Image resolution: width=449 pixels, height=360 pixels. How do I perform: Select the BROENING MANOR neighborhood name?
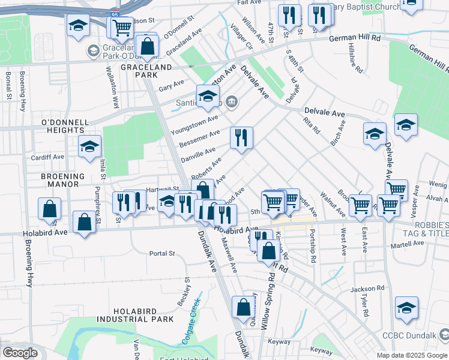click(x=62, y=181)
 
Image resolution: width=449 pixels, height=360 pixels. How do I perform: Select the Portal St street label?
click(x=162, y=253)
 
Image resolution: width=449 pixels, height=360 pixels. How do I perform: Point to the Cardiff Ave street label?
click(x=48, y=157)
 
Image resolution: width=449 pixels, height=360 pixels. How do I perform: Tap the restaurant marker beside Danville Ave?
click(x=241, y=137)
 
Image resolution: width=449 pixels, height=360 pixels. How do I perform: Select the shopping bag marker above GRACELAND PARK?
click(x=146, y=45)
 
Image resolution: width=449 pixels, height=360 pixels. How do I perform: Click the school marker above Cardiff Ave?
click(x=89, y=146)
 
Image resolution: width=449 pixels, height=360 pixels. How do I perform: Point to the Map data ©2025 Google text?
click(x=411, y=355)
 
